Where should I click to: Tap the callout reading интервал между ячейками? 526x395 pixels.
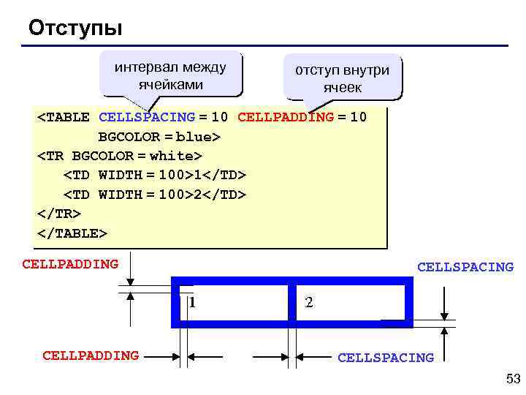(x=170, y=75)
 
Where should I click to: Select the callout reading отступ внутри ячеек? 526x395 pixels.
(x=342, y=78)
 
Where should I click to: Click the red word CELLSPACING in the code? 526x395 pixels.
(x=146, y=117)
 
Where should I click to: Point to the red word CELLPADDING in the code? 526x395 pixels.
(x=286, y=117)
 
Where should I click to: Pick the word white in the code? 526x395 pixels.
(x=175, y=156)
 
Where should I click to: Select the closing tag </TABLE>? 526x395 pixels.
(x=72, y=233)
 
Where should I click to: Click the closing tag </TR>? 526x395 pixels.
(x=58, y=214)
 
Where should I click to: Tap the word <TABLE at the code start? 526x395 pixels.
(x=64, y=117)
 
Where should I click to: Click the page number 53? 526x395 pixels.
(x=512, y=378)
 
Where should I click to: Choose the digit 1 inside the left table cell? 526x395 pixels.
(x=192, y=301)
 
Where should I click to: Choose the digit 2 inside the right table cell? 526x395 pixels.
(x=309, y=301)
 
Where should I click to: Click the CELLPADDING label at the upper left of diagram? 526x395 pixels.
(x=70, y=263)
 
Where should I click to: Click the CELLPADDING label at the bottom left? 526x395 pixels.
(x=91, y=355)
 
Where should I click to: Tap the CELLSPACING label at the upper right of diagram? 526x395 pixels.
(x=465, y=268)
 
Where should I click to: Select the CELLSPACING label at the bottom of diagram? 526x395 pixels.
(x=385, y=358)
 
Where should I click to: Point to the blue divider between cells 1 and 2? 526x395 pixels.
(x=291, y=301)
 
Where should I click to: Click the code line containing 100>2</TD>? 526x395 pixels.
(x=155, y=195)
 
